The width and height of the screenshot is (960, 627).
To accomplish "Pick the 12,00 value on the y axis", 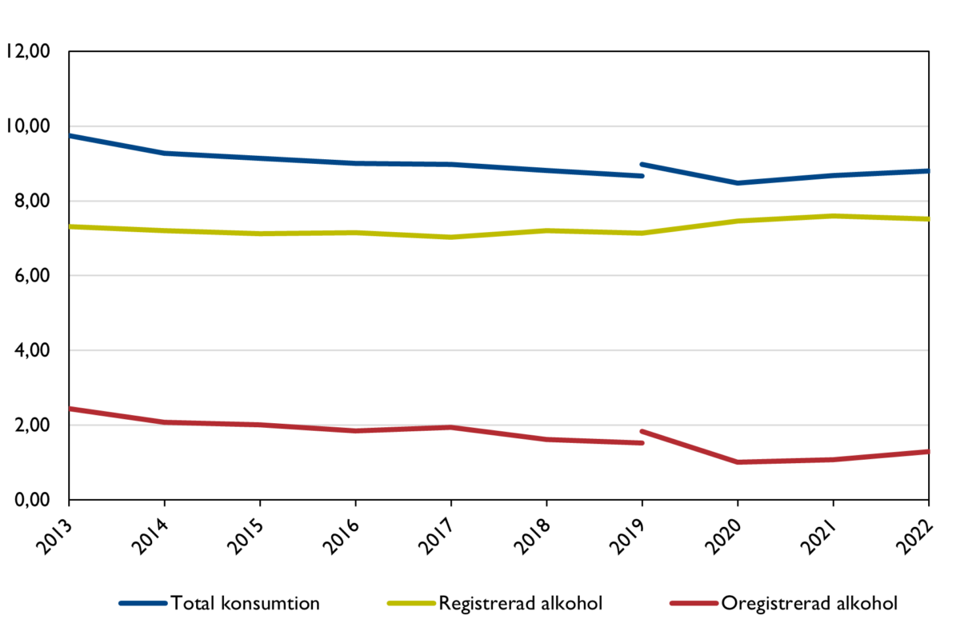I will click(x=27, y=52).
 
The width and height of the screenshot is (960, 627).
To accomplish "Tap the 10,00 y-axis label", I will click(x=27, y=126).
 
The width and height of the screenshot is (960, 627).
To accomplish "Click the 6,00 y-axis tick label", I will click(x=31, y=276).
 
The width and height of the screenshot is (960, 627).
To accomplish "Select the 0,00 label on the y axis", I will click(x=31, y=500).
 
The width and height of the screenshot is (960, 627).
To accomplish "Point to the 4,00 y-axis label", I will click(x=31, y=350).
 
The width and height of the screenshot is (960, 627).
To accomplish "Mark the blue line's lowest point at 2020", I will click(x=738, y=183).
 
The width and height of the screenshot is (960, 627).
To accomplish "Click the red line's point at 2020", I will click(x=738, y=462).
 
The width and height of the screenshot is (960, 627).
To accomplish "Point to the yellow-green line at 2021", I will click(x=833, y=216).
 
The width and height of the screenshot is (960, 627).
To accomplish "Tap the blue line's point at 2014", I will click(x=164, y=153).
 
